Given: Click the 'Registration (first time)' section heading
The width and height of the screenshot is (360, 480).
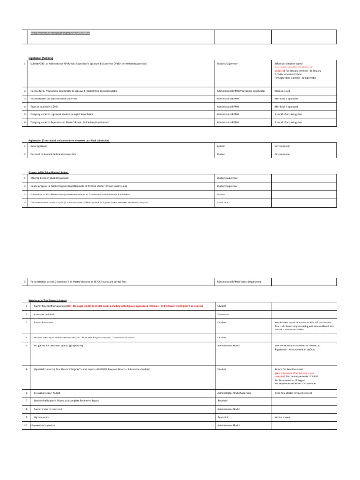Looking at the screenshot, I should click(41, 57).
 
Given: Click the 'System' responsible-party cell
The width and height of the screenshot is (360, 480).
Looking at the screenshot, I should click(221, 146).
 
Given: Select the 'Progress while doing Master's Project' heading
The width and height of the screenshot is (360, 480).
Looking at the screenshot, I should click(48, 172).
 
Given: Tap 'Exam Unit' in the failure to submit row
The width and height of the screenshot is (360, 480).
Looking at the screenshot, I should click(222, 202).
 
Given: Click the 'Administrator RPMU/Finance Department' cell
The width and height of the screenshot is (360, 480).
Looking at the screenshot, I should click(239, 281).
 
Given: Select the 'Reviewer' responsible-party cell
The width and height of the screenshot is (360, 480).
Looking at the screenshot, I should click(222, 401).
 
